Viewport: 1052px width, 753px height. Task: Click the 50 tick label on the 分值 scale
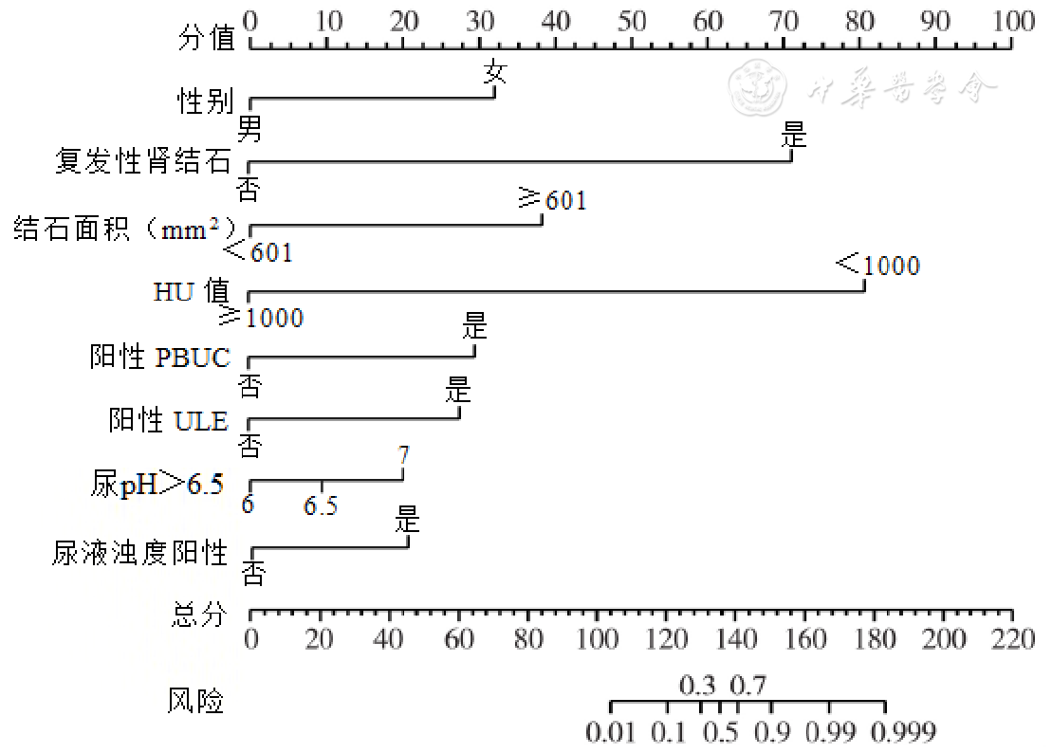point(632,20)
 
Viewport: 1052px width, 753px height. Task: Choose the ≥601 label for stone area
point(552,200)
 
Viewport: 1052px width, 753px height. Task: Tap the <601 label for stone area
point(258,251)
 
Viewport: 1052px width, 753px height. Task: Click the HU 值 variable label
point(190,292)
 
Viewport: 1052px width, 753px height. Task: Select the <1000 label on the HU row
point(878,265)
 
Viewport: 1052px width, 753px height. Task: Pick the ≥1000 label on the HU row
point(262,317)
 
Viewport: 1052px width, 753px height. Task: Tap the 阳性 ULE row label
point(169,420)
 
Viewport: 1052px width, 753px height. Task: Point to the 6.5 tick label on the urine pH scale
point(321,506)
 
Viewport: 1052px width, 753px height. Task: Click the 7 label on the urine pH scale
point(404,454)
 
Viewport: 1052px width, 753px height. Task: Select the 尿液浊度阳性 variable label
point(140,552)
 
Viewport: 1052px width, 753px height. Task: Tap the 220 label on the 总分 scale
point(1012,639)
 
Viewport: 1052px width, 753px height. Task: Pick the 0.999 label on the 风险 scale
point(905,732)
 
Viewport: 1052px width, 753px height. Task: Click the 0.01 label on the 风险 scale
point(611,732)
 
